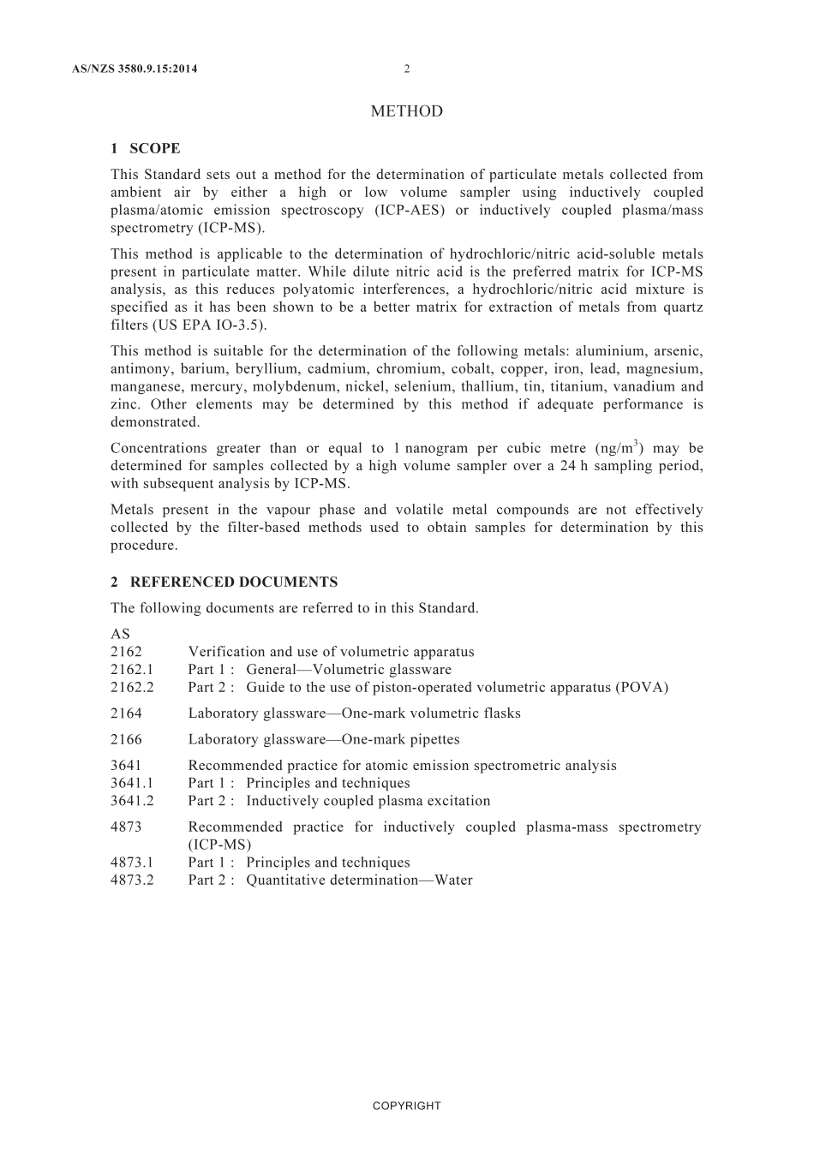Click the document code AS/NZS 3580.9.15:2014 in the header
click(135, 69)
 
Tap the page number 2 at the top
click(407, 69)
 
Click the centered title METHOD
click(407, 111)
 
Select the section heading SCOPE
click(155, 148)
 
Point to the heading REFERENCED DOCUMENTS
click(233, 582)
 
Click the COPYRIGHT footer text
click(407, 1106)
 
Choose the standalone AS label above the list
click(120, 635)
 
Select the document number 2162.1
click(132, 670)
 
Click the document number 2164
click(126, 713)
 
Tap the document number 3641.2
click(132, 802)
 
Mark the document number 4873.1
click(132, 863)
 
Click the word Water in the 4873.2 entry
click(453, 880)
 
